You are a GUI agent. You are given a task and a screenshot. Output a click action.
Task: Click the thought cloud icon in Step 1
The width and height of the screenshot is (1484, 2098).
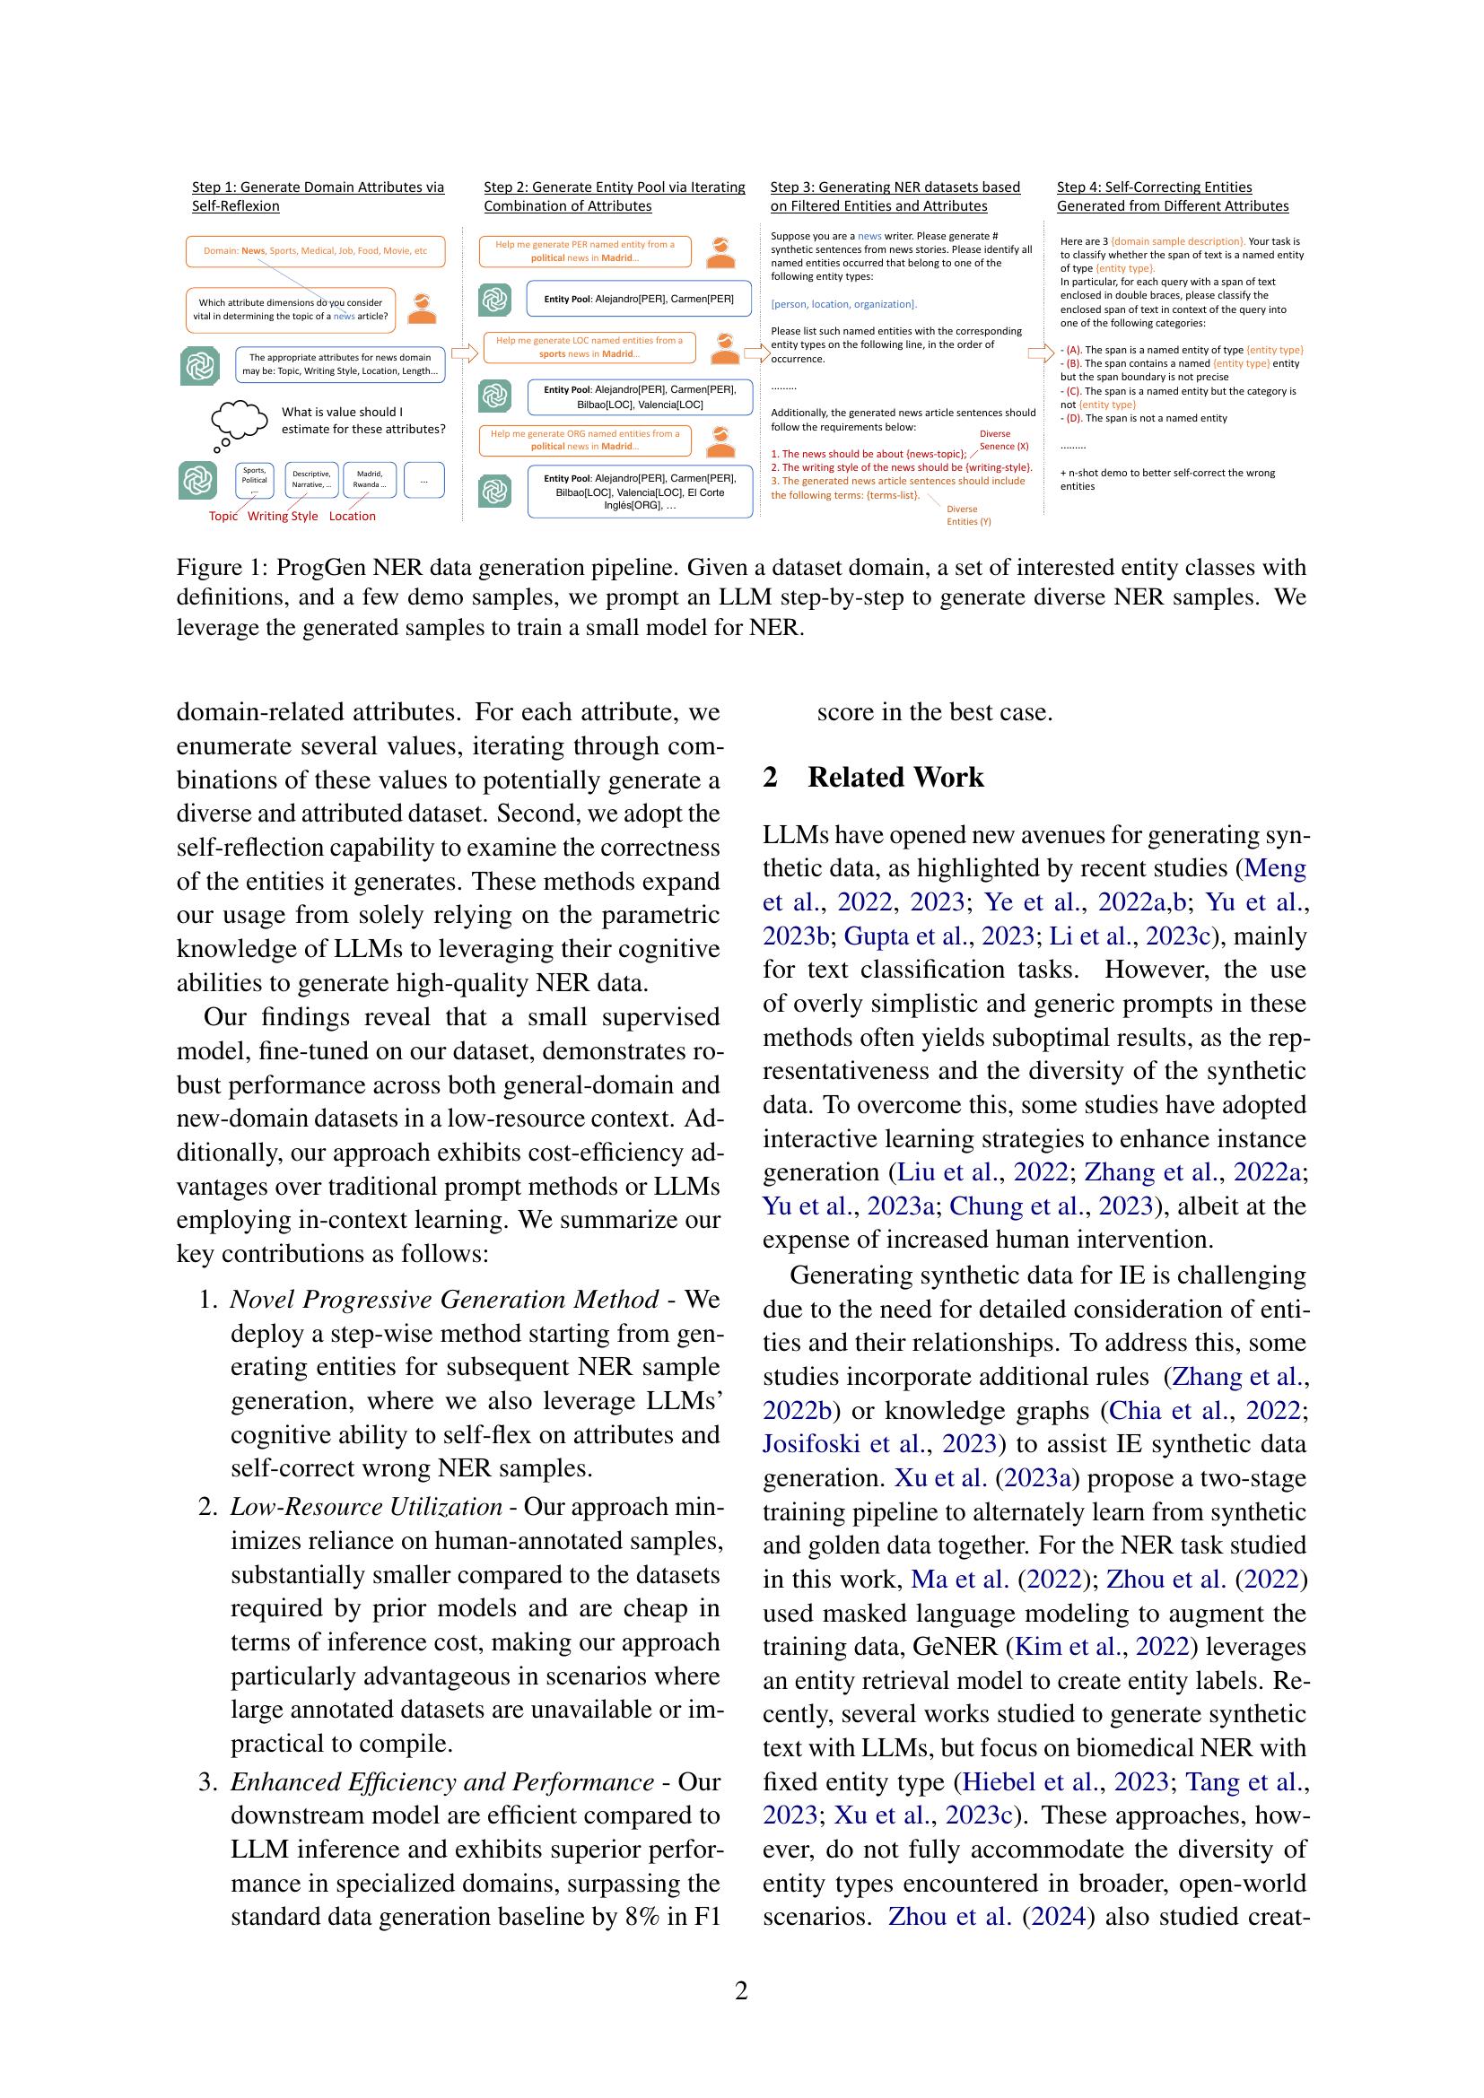click(x=240, y=420)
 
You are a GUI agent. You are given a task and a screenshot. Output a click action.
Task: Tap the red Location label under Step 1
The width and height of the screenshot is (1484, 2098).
click(x=352, y=517)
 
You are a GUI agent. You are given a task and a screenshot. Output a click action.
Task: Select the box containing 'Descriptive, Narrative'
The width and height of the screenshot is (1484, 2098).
click(x=311, y=479)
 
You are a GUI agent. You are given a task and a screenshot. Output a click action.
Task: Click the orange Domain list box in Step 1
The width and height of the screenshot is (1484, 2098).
click(x=315, y=251)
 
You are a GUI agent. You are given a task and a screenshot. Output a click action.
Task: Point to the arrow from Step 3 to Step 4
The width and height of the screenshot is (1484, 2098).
click(x=1041, y=353)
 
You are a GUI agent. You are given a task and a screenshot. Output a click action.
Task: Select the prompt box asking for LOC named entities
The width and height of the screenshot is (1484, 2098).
click(x=589, y=347)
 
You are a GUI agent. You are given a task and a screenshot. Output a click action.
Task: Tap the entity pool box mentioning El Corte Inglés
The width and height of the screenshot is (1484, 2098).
click(x=639, y=492)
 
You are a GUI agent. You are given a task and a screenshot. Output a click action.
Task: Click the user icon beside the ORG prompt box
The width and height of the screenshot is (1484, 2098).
click(x=722, y=440)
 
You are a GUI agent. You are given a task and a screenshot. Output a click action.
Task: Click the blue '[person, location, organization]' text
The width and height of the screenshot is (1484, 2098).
click(x=843, y=304)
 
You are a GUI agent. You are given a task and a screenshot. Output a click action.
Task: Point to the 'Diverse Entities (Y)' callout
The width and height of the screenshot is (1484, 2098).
click(x=968, y=516)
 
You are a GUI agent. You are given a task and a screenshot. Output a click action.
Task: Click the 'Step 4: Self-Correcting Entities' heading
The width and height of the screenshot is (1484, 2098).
click(x=1154, y=187)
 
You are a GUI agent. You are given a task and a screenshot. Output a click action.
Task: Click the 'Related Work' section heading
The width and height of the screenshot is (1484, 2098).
click(x=895, y=778)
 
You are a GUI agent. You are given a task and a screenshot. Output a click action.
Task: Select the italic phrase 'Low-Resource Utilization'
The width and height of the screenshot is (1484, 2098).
click(x=365, y=1507)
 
